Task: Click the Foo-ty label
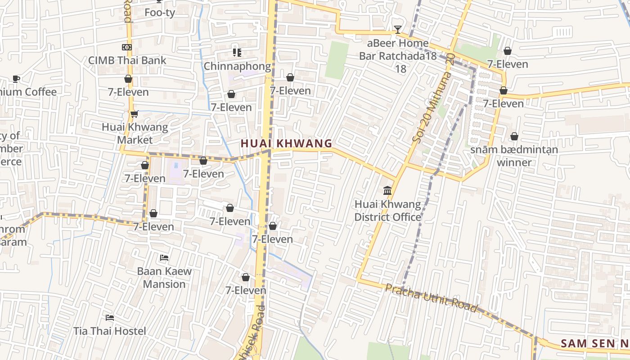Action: [160, 13]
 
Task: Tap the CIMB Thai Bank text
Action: [127, 60]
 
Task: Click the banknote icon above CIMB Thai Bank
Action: [127, 47]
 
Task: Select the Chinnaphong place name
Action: [237, 67]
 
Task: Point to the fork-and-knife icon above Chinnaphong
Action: [237, 53]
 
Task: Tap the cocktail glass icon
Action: [398, 30]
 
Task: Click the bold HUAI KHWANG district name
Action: [286, 144]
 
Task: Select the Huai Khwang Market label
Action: [135, 133]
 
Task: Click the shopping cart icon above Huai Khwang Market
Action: [134, 114]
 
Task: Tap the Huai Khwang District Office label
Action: [387, 211]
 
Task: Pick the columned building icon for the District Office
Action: [387, 191]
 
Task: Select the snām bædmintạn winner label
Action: [514, 156]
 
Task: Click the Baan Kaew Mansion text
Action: [164, 278]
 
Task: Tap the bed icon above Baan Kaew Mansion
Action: [164, 258]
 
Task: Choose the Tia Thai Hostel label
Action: [110, 331]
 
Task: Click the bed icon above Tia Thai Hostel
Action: [109, 318]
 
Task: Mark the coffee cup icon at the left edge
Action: [16, 79]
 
